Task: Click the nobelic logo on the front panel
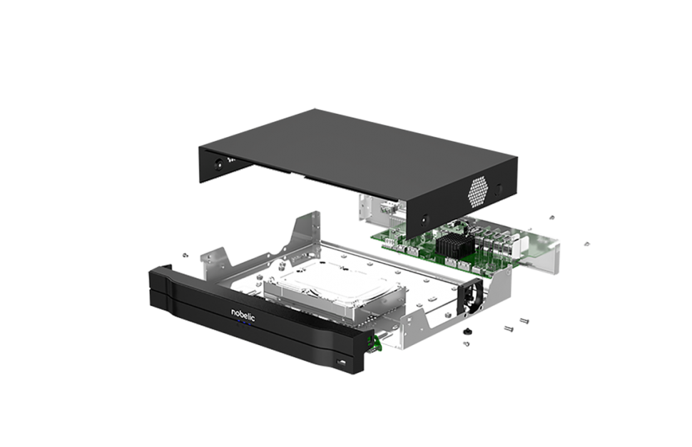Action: coord(243,314)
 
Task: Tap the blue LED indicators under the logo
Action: coord(243,324)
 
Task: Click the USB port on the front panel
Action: coord(342,362)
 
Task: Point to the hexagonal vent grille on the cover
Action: coord(479,192)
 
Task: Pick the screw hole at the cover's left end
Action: coord(218,165)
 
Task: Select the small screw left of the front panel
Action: coord(185,255)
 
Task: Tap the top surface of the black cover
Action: coord(357,140)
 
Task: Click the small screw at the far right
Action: coord(586,244)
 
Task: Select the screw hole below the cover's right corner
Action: coord(424,218)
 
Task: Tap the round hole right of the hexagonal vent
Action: coord(498,190)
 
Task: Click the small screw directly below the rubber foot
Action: coord(466,344)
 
